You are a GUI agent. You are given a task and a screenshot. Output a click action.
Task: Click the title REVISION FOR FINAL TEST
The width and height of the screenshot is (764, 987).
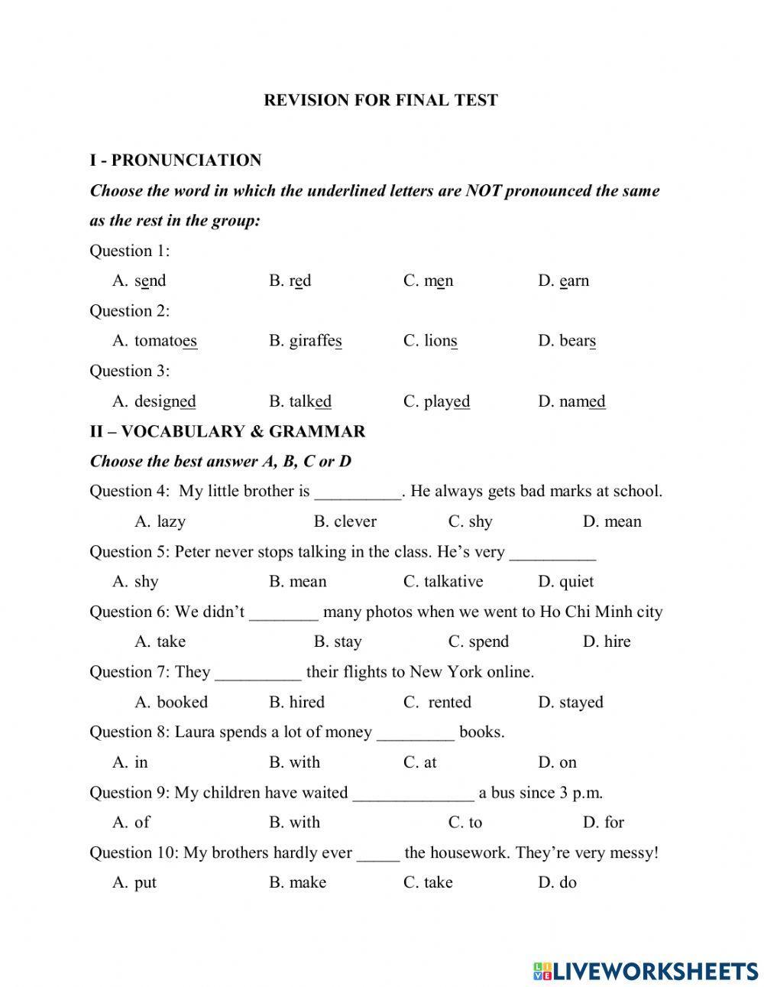point(380,100)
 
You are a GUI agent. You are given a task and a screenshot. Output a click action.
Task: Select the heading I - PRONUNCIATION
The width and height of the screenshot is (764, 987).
point(175,161)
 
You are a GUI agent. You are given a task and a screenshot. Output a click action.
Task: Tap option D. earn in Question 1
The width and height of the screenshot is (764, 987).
point(563,281)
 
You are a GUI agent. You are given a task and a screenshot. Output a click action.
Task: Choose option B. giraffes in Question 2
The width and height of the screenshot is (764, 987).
point(305,341)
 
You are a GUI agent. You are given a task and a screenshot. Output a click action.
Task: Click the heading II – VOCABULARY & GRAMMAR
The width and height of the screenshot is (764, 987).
point(227,431)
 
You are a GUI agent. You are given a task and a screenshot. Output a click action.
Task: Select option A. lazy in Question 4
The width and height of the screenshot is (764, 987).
point(160,521)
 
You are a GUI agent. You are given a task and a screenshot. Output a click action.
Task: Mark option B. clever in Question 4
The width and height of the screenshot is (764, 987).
point(345,521)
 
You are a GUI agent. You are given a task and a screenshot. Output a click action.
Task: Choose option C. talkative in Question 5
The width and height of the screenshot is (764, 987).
point(443,582)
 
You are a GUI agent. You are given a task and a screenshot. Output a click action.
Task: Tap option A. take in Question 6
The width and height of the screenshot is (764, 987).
point(160,641)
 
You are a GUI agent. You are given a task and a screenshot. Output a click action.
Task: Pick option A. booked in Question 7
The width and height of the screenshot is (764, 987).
point(171,702)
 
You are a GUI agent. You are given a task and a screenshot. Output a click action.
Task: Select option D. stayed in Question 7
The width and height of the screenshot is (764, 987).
point(570,702)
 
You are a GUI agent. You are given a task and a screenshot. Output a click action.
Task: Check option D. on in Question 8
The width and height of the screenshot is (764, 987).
point(557,762)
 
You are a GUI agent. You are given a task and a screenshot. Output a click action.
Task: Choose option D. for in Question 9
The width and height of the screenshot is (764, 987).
point(603,823)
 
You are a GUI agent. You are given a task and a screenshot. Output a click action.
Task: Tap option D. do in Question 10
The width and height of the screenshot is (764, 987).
point(557,882)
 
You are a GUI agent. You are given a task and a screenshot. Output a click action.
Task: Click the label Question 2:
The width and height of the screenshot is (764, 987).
point(129,310)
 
